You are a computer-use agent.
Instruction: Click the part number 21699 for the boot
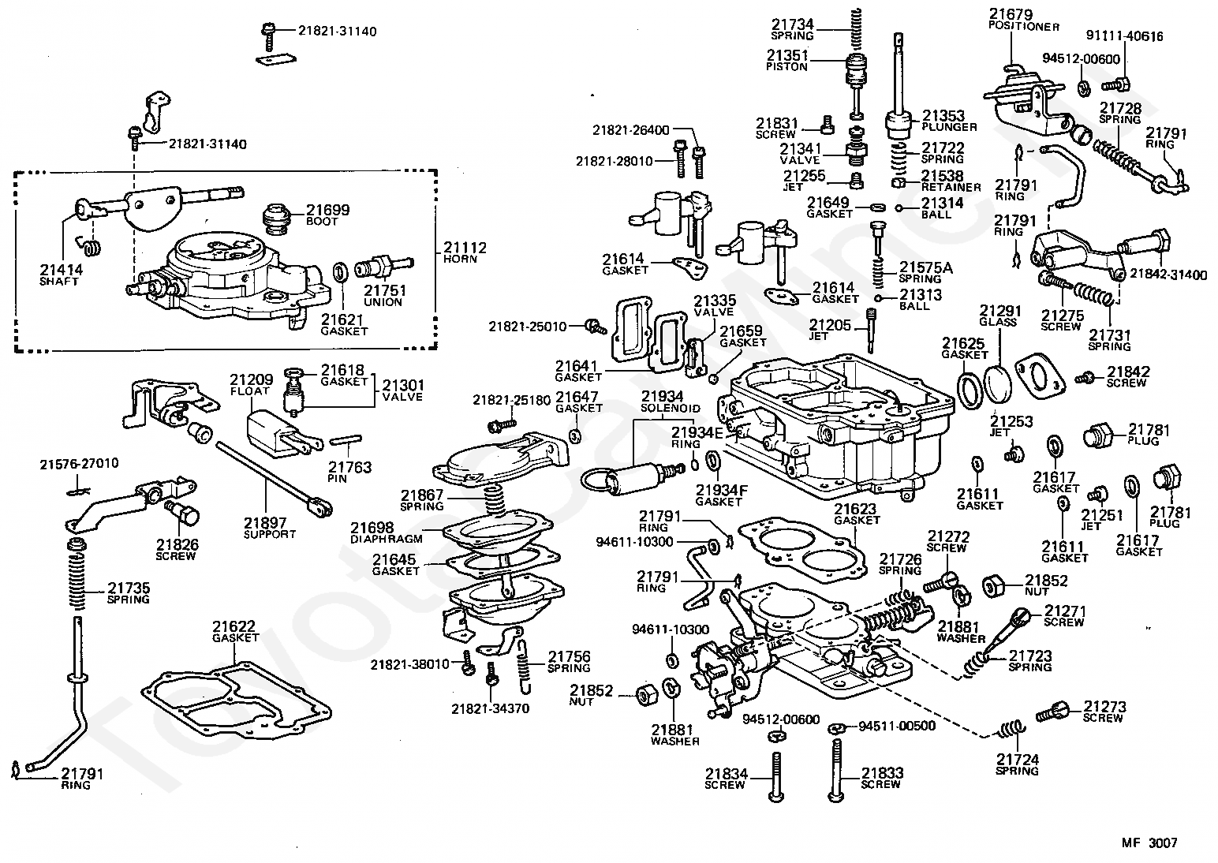[x=328, y=210]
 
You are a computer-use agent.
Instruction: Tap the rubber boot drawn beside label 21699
[x=278, y=219]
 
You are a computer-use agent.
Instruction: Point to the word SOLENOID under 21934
[x=670, y=409]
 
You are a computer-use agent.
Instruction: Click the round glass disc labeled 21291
[x=999, y=383]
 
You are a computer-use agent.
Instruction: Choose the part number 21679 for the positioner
[x=1011, y=15]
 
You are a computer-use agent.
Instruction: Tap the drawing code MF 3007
[x=1149, y=842]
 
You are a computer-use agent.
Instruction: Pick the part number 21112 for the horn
[x=465, y=248]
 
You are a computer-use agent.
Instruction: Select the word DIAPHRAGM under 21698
[x=386, y=539]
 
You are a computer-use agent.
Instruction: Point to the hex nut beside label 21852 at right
[x=996, y=585]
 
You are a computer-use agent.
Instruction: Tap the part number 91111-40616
[x=1124, y=35]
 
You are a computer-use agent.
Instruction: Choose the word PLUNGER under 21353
[x=949, y=127]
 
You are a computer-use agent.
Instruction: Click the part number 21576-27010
[x=79, y=463]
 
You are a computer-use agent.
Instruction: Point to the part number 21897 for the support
[x=265, y=522]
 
